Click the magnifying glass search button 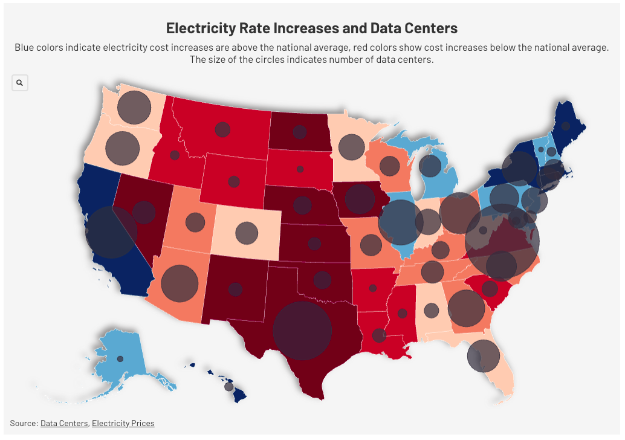coord(20,83)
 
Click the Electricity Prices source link coord(123,423)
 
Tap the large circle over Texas coord(302,331)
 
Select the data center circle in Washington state coord(134,108)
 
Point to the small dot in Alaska coord(120,359)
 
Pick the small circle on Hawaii coord(228,386)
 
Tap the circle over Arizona coord(180,283)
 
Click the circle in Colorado coord(247,233)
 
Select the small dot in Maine coord(566,126)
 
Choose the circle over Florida coord(484,355)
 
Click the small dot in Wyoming coord(233,181)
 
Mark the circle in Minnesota coord(351,147)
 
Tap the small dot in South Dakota coord(300,169)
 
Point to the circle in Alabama coord(431,310)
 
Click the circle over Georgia coord(466,308)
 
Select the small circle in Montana coord(222,129)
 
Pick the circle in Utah coord(195,222)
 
